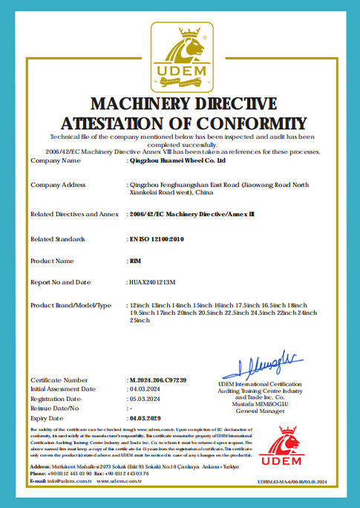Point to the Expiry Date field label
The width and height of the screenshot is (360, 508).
tap(48, 418)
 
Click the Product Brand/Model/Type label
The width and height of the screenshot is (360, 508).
tap(71, 305)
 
